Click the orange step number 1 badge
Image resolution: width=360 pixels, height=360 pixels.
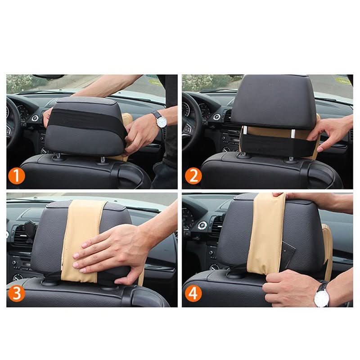(x=17, y=176)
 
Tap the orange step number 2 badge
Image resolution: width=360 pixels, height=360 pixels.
(x=193, y=176)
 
